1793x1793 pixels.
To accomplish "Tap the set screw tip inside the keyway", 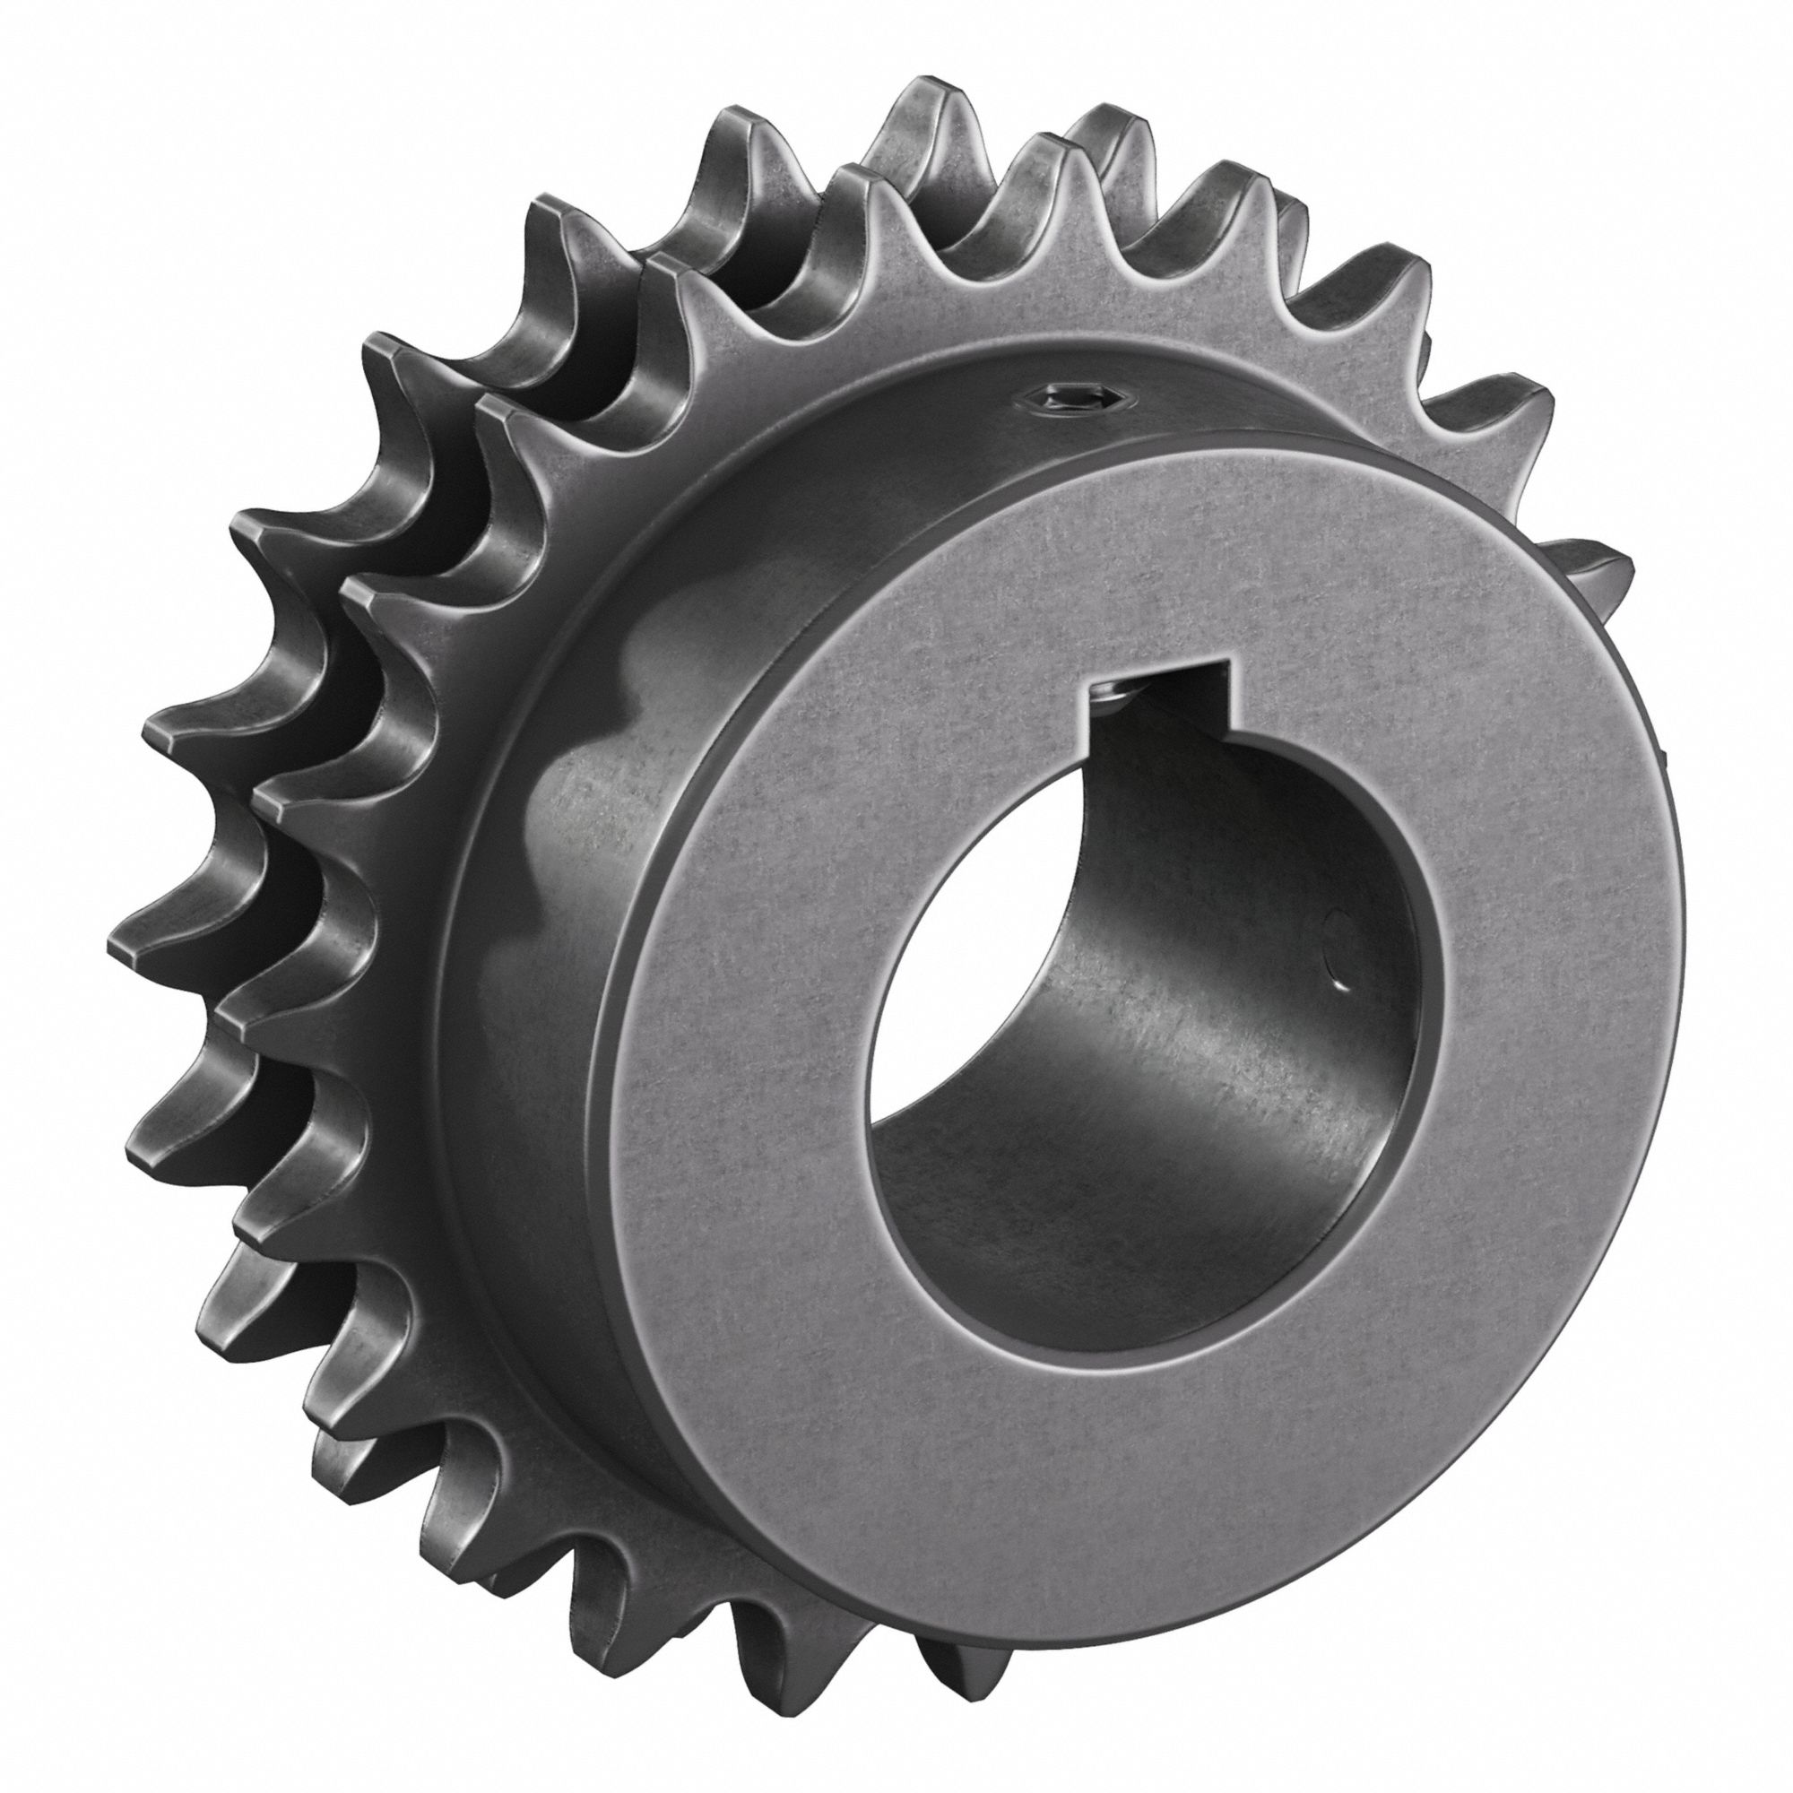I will coord(1108,688).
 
